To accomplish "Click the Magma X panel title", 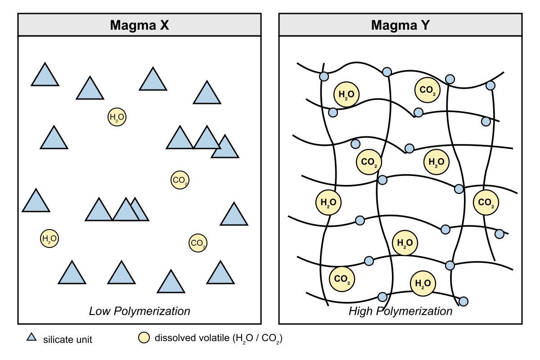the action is (139, 25).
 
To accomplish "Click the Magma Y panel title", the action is (400, 25).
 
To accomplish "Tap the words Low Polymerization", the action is (139, 311).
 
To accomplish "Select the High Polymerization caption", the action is (400, 311).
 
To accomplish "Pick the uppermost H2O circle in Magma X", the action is (117, 117).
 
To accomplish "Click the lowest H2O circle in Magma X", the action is (49, 238).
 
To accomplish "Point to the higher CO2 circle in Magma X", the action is (180, 180).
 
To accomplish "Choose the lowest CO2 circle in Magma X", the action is (198, 243).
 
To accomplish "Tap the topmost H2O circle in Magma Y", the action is (346, 94).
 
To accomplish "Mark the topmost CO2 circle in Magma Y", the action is (427, 90).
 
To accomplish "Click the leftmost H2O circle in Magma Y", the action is (328, 202).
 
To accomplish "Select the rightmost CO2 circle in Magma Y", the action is (486, 202).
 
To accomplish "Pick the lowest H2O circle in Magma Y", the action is (423, 283).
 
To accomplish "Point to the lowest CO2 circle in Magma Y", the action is (342, 279).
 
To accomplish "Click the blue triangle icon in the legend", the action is (31, 337).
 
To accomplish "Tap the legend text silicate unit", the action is (67, 339).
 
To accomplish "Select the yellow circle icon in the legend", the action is (144, 337).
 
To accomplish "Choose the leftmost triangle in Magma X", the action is (36, 201).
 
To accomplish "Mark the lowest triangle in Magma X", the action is (171, 282).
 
